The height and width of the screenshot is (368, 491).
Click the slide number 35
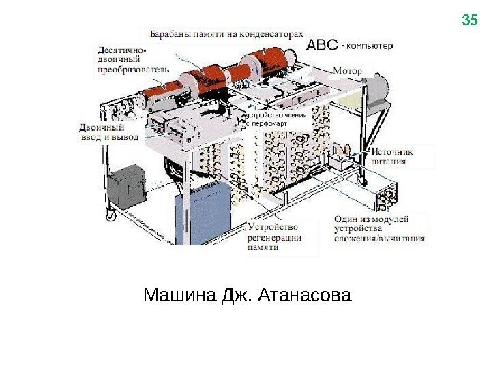point(470,20)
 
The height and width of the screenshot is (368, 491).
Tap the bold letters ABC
point(322,45)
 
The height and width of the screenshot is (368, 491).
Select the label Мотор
point(348,70)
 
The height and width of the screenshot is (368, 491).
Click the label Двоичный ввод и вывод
point(108,132)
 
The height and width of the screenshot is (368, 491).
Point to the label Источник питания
point(392,157)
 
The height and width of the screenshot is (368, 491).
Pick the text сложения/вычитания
point(379,239)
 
